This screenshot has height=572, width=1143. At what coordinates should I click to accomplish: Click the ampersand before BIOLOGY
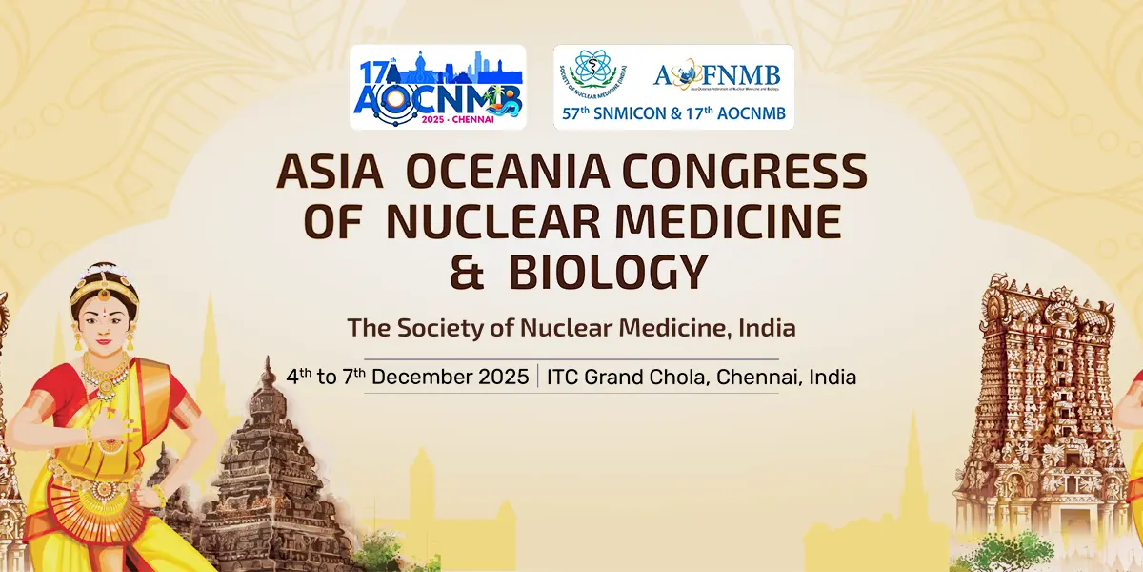click(x=468, y=272)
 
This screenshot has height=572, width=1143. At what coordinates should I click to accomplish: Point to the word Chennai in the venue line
click(x=756, y=377)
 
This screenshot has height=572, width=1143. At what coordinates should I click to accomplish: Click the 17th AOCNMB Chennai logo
click(x=437, y=87)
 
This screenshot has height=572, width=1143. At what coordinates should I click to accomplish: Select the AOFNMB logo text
click(x=716, y=75)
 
